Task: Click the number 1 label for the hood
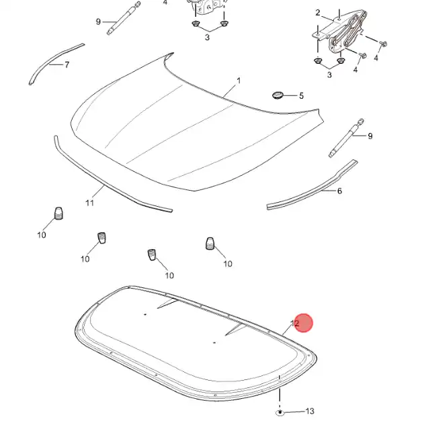point(238,81)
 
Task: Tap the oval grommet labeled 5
point(277,94)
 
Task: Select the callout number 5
point(301,96)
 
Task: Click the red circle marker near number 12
point(304,323)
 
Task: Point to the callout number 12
point(294,324)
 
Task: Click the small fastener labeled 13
point(280,410)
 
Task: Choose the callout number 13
point(310,411)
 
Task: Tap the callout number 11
point(89,201)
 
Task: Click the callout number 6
point(339,191)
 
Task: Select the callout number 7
point(67,65)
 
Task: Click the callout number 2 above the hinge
point(318,13)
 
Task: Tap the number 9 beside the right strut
point(370,136)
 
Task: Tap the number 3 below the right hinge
point(329,75)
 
